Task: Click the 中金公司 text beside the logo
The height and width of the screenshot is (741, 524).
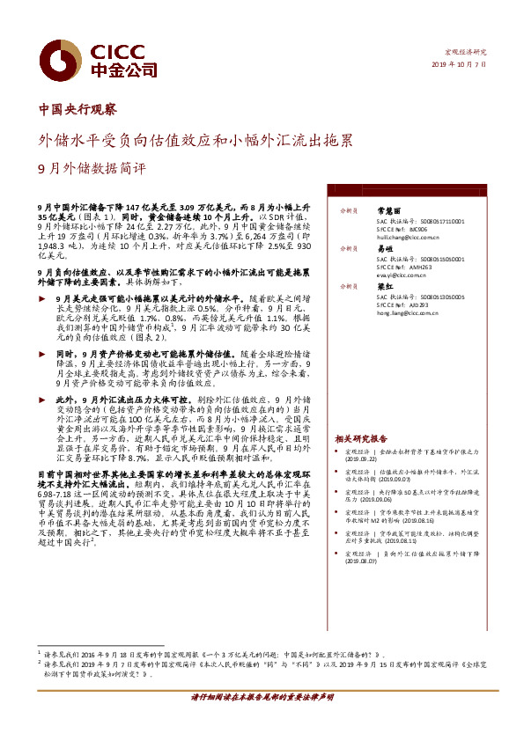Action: [x=125, y=69]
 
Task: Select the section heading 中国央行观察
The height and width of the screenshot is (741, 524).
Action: [x=77, y=110]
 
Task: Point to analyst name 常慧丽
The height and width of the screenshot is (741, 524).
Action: [x=388, y=211]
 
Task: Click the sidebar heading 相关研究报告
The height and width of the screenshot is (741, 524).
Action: [x=361, y=438]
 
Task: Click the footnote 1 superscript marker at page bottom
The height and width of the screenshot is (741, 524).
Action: [x=41, y=652]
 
